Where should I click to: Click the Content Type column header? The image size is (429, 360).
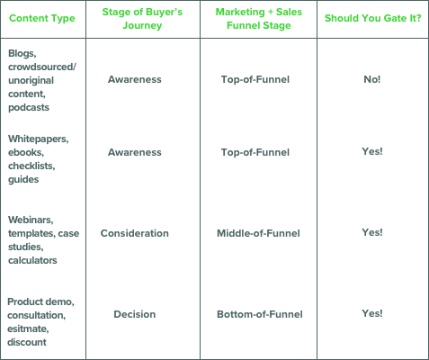[x=42, y=19]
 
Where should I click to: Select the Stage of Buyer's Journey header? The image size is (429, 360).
[x=142, y=19]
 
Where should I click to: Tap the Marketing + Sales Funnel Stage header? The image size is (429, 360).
[x=259, y=19]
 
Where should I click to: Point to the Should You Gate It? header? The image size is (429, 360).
[x=372, y=18]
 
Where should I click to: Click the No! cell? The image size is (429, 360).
[x=372, y=79]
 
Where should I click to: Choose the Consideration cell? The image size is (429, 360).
[x=135, y=233]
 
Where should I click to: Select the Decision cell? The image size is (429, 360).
[x=135, y=314]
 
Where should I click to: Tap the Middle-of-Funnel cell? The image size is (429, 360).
[x=258, y=233]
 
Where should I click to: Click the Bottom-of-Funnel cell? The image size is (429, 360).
[x=260, y=314]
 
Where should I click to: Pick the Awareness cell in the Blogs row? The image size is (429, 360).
[x=135, y=79]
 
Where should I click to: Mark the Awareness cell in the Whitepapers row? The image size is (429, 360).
[x=135, y=152]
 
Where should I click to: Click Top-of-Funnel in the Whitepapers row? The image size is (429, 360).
[x=255, y=152]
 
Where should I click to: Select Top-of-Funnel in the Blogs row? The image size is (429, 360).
[x=255, y=79]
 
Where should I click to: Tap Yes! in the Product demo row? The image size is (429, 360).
[x=372, y=313]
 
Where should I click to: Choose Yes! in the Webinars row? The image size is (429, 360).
[x=372, y=232]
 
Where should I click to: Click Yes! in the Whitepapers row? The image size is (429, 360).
[x=372, y=151]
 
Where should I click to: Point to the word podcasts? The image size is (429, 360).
[x=29, y=107]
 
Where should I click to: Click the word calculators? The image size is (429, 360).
[x=32, y=260]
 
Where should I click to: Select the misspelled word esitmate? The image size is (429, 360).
[x=28, y=328]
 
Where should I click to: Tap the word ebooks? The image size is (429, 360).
[x=26, y=152]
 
